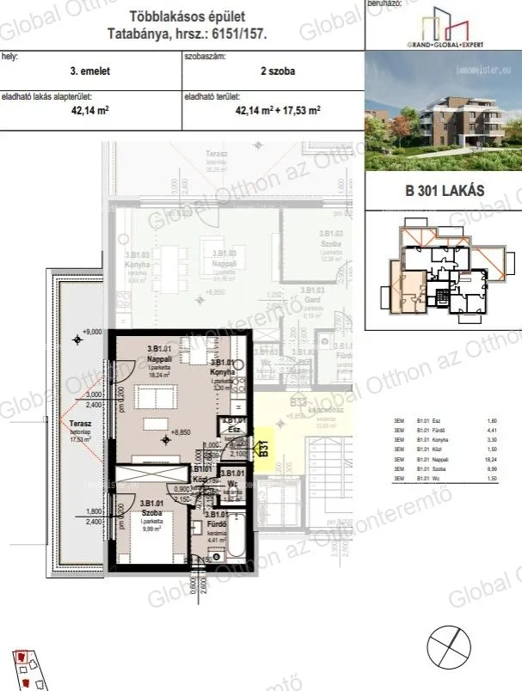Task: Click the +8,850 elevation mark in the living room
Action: (x=180, y=432)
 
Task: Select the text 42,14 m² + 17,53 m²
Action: (x=277, y=110)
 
